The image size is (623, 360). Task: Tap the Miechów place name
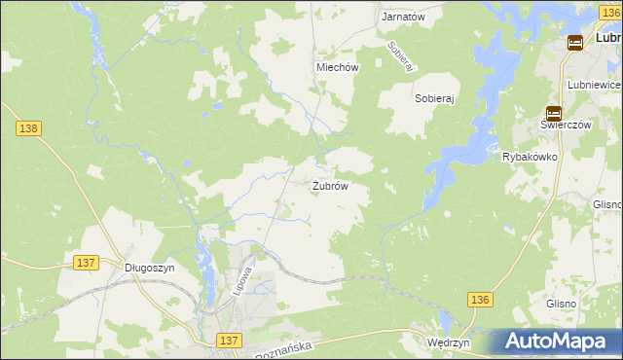338,68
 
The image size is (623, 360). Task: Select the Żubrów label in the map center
330,186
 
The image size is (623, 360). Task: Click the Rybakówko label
529,157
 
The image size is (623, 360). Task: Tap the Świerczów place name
553,126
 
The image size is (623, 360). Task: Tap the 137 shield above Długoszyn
86,263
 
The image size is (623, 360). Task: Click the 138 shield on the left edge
26,127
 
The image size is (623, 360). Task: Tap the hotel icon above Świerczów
553,112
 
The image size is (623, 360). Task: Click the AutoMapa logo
557,342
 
